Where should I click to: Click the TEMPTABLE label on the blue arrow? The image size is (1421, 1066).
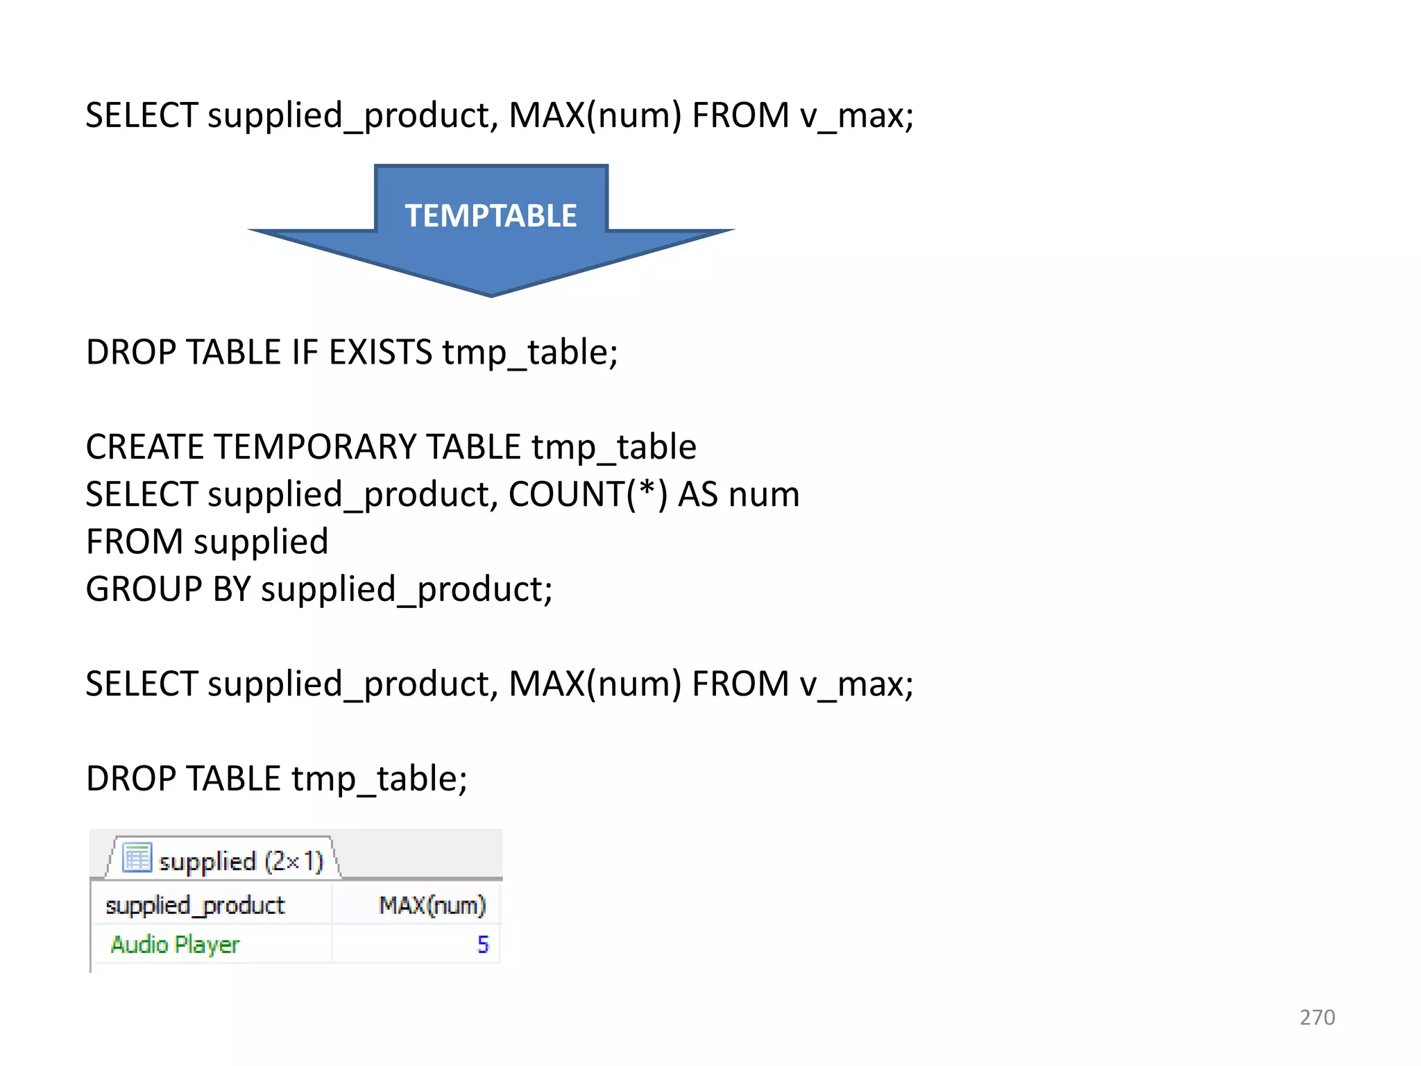pos(491,216)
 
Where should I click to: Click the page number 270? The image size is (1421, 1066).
pos(1317,1017)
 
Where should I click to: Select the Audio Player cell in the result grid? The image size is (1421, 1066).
pos(175,945)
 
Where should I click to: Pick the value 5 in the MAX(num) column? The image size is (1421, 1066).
pos(483,945)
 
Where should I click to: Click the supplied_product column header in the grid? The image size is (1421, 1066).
pos(195,905)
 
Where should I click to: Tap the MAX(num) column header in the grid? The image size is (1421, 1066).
pos(432,905)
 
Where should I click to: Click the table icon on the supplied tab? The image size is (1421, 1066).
pos(137,858)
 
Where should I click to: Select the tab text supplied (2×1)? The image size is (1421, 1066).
pos(241,861)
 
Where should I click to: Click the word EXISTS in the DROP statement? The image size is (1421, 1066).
pos(380,352)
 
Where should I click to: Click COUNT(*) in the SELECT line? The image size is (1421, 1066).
pos(588,494)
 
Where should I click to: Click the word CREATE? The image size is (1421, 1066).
pos(144,446)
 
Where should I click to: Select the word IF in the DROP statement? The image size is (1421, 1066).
pos(305,352)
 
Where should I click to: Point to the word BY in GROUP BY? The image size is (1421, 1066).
pos(232,589)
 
